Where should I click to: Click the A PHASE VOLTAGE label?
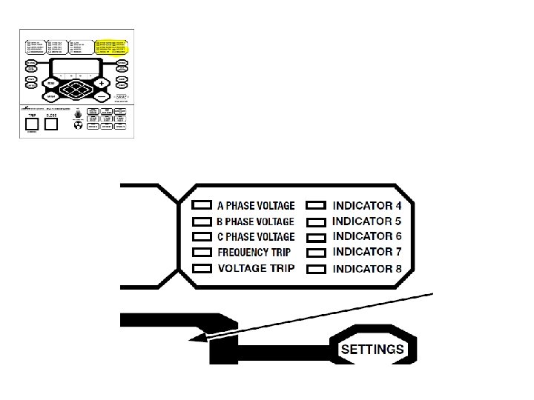[255, 205]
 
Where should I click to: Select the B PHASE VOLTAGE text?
[255, 221]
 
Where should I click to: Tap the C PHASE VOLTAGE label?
[255, 237]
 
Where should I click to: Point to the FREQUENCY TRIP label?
[254, 253]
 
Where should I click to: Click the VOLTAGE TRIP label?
[255, 268]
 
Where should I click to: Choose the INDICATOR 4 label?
[367, 205]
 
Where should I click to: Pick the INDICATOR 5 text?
[367, 221]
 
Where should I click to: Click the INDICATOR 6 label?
[367, 236]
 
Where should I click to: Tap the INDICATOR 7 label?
[367, 252]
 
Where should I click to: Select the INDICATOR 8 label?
[367, 268]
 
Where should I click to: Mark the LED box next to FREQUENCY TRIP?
[202, 253]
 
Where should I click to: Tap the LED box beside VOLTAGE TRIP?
[202, 268]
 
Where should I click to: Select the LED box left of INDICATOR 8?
[317, 268]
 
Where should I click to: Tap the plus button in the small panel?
[102, 83]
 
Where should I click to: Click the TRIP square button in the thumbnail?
[32, 124]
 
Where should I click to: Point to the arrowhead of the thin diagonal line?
[194, 340]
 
